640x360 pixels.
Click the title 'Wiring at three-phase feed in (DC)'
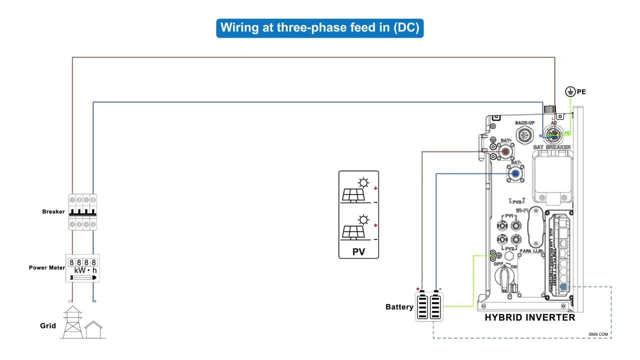(x=319, y=28)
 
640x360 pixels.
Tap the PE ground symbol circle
(x=570, y=91)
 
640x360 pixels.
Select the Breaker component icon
(x=82, y=212)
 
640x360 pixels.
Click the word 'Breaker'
(x=53, y=211)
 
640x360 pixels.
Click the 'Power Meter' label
(x=46, y=267)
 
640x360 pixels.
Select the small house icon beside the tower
(x=93, y=330)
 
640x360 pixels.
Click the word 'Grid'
(x=48, y=325)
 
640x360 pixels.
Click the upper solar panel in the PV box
(x=354, y=193)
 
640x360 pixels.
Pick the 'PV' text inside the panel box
(x=358, y=251)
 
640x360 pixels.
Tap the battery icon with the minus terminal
(x=436, y=306)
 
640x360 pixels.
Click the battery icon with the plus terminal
(x=422, y=306)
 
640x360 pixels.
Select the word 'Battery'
(x=399, y=306)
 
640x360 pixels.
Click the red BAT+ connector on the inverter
(x=505, y=151)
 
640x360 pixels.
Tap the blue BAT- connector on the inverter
(x=515, y=173)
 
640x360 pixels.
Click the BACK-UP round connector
(x=524, y=135)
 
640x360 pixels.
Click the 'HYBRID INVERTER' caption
(x=529, y=317)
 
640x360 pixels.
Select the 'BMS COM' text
(x=598, y=334)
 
